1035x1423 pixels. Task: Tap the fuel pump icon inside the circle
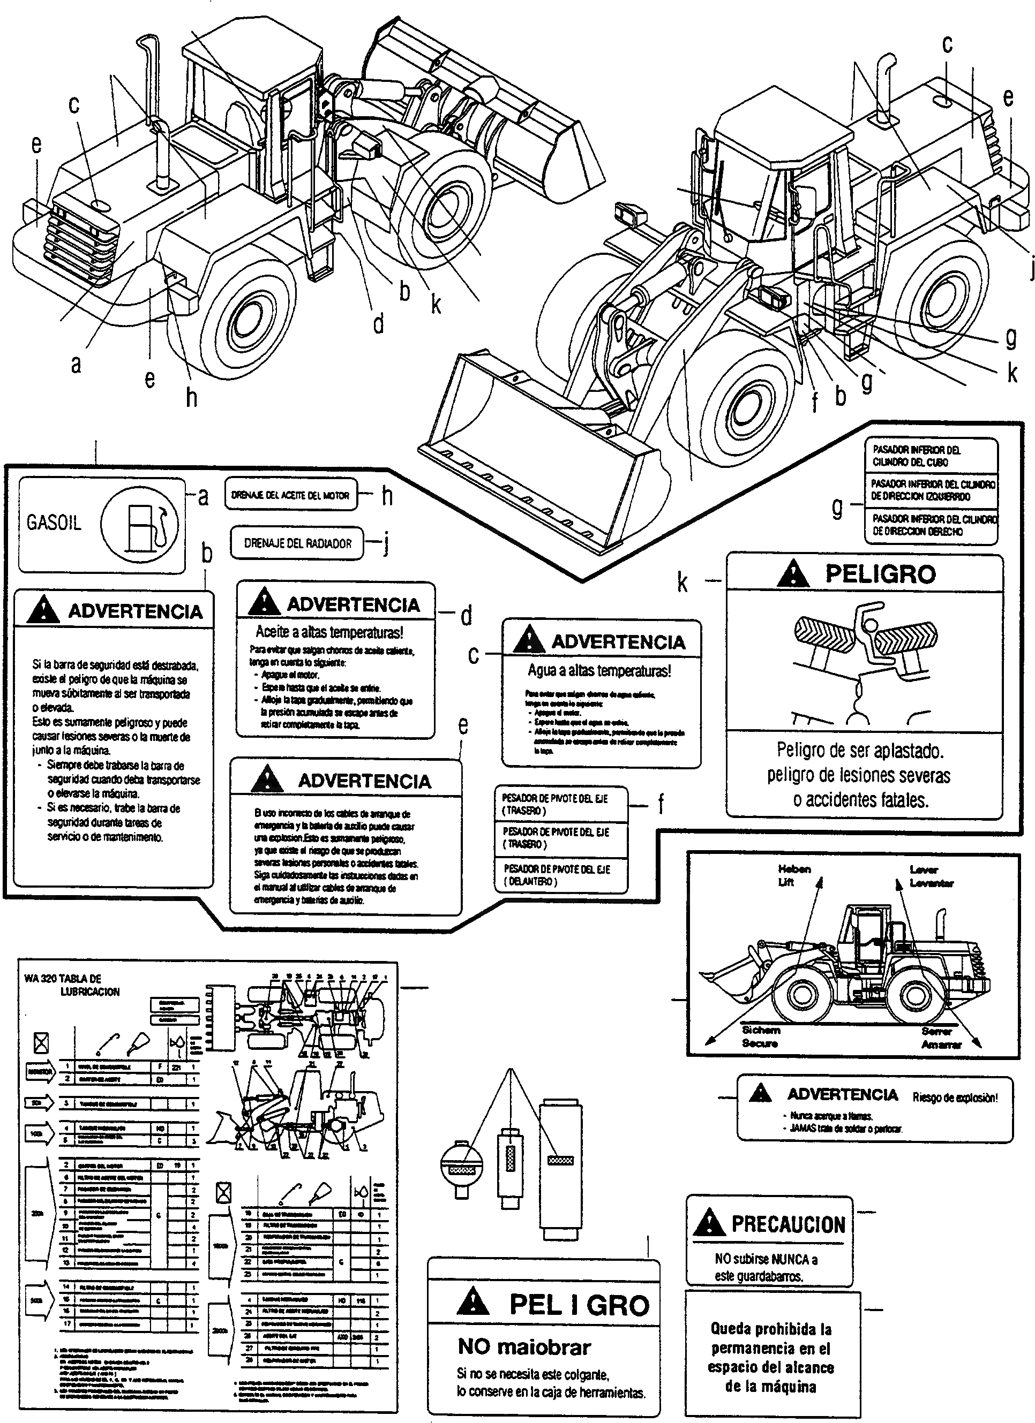pyautogui.click(x=143, y=525)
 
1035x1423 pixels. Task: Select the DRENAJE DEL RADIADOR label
pyautogui.click(x=297, y=543)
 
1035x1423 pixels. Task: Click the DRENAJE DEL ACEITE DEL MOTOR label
pyautogui.click(x=290, y=495)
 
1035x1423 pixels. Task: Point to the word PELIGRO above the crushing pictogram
pyautogui.click(x=880, y=574)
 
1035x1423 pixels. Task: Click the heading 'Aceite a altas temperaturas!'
pyautogui.click(x=329, y=631)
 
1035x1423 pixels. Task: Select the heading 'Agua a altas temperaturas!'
pyautogui.click(x=599, y=671)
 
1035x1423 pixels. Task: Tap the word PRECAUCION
pyautogui.click(x=789, y=1224)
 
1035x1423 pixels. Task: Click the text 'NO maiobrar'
pyautogui.click(x=524, y=1346)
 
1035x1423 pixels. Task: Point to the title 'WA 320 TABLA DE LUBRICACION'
pyautogui.click(x=69, y=985)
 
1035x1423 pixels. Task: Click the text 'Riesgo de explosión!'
pyautogui.click(x=955, y=1097)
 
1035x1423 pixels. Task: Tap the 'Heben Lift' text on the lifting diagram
pyautogui.click(x=794, y=875)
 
